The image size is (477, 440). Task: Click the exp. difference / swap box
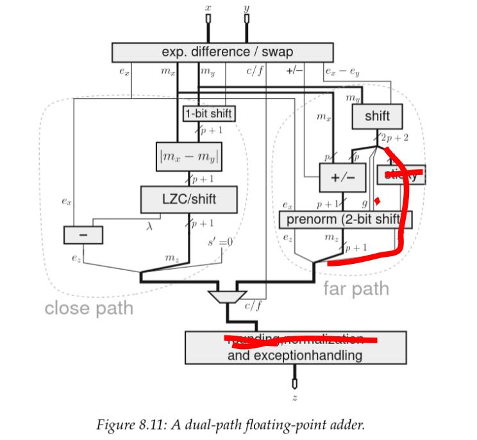pyautogui.click(x=223, y=51)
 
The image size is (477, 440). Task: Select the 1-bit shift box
pyautogui.click(x=209, y=114)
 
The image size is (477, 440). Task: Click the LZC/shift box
pyautogui.click(x=189, y=199)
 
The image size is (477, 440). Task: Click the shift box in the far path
pyautogui.click(x=378, y=117)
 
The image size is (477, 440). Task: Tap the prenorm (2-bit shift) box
pyautogui.click(x=344, y=219)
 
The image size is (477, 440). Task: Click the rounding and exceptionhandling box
pyautogui.click(x=296, y=346)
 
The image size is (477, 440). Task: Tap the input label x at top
pyautogui.click(x=208, y=8)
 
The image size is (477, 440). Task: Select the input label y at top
pyautogui.click(x=246, y=8)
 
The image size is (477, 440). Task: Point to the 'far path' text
pyautogui.click(x=355, y=288)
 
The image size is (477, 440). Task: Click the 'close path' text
pyautogui.click(x=88, y=308)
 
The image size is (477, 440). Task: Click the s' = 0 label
pyautogui.click(x=218, y=243)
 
